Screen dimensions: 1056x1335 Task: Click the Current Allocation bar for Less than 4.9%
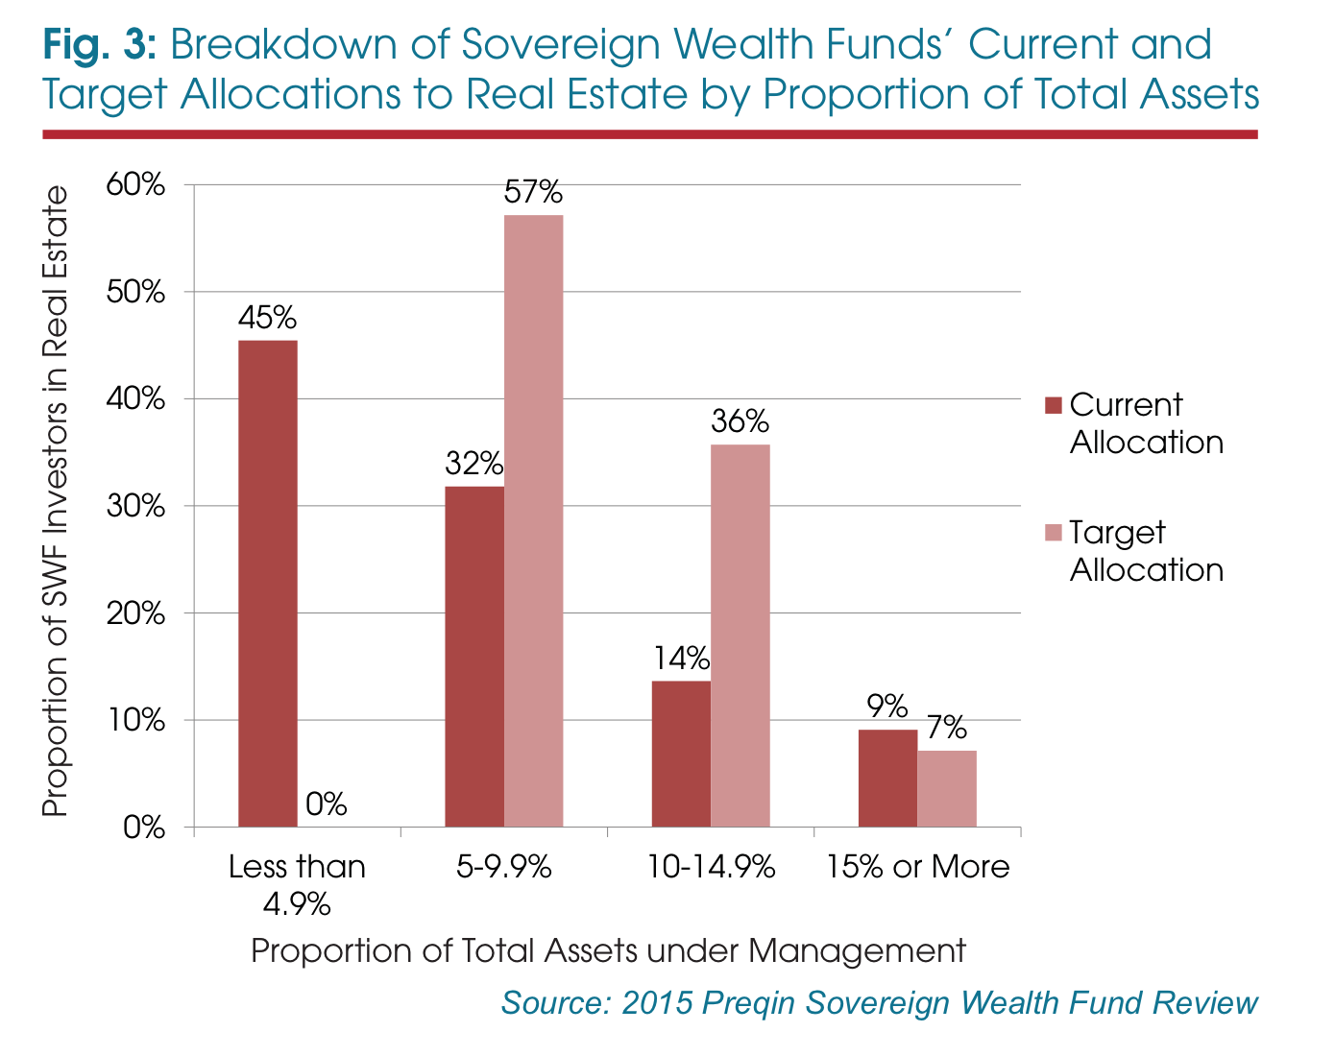267,584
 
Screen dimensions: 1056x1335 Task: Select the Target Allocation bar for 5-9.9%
533,520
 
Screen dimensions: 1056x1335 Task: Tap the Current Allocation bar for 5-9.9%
474,657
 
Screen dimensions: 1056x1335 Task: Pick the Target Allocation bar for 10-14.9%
740,636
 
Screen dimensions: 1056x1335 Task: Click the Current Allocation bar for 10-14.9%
681,754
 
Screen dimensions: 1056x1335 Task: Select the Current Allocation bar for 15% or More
887,779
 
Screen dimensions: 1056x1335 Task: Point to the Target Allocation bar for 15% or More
947,789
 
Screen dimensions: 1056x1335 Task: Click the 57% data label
533,194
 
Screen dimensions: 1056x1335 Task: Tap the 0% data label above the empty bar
327,804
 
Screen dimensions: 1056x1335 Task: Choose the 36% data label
740,422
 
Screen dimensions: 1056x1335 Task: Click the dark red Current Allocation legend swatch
1053,405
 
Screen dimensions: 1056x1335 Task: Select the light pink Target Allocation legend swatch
1053,533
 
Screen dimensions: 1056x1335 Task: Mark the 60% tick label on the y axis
135,184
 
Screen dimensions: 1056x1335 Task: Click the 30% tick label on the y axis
135,506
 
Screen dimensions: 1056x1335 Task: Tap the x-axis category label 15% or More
918,867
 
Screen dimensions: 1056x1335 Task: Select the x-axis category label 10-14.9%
711,867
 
